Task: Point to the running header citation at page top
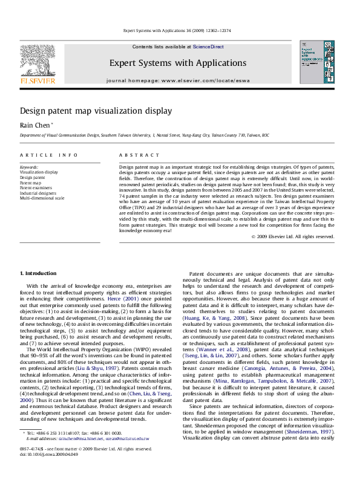(180, 30)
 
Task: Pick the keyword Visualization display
(39, 172)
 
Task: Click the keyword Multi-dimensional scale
(42, 198)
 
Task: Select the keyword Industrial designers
(39, 192)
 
